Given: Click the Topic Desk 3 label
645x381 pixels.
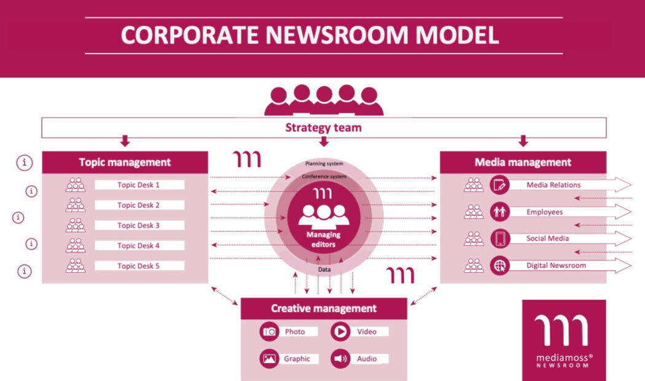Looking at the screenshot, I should coord(139,225).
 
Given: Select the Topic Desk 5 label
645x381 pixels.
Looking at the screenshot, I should coord(139,266).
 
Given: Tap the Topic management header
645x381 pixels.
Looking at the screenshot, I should coord(125,163).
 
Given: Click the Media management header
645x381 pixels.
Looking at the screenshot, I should coord(523,163).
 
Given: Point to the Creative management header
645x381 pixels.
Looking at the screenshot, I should coord(324,309).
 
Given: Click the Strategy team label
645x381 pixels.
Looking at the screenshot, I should coord(323,128).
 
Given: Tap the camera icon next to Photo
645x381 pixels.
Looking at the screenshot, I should coord(269,332).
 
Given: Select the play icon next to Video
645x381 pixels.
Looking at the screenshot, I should coord(340,332).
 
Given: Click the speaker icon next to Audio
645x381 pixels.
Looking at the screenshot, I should coord(340,358).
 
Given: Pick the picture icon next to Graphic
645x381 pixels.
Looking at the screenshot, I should coord(269,358).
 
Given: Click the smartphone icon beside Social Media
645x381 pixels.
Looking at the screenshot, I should coord(499,238).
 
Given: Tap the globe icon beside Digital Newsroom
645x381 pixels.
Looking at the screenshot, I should coord(499,266).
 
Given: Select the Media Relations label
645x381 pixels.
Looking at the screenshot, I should coord(553,185).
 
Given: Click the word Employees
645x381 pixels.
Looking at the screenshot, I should coord(544,212).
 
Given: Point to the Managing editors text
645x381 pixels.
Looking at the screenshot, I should coord(323,239).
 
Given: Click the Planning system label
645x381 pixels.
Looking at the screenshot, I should coord(324,164).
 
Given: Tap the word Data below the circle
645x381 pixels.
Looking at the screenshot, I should coord(324,269).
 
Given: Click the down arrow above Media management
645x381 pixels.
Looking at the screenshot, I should coord(523,141).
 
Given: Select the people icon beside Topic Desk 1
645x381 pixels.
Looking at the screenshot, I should coord(76,185).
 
